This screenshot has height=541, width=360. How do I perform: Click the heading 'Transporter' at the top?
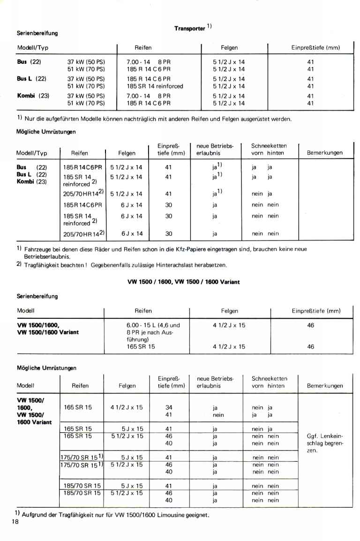pos(190,28)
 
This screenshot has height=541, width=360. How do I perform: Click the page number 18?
pos(15,522)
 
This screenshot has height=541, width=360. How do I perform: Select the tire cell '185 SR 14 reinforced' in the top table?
pos(155,86)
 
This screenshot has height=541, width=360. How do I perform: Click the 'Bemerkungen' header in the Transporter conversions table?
pos(325,153)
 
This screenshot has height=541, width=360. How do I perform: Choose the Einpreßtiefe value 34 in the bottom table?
pos(169,407)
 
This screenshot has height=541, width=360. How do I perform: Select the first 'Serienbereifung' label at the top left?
pos(37,33)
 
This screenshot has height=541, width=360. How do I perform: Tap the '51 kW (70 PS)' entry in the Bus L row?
pos(86,86)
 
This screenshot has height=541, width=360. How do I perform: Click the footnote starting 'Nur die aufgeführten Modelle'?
pos(155,119)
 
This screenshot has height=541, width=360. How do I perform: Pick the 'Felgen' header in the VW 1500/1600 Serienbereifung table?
pos(230,311)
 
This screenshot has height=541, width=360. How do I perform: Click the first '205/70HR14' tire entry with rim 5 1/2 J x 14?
pos(84,194)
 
